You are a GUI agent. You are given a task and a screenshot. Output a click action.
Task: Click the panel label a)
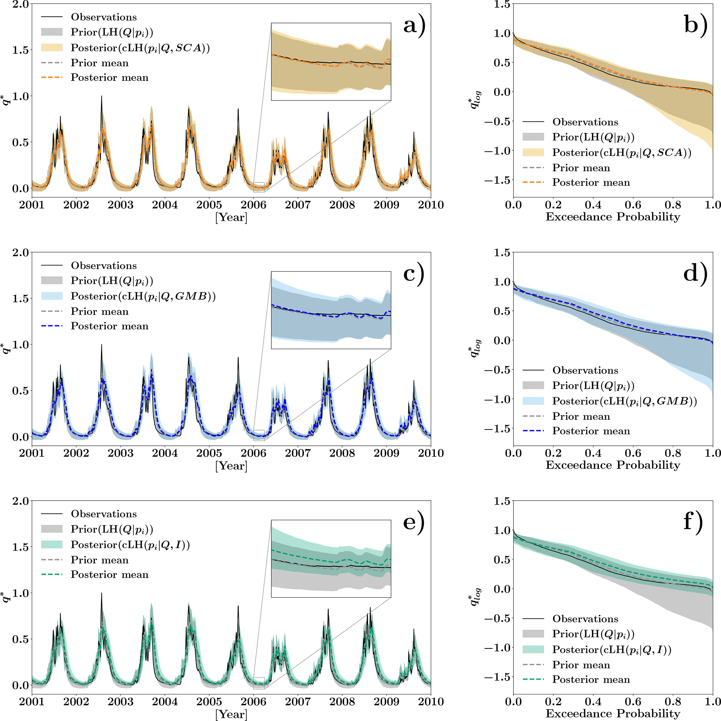414,25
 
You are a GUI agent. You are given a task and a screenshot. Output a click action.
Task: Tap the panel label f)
693,521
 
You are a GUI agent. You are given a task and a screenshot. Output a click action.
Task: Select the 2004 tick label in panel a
165,204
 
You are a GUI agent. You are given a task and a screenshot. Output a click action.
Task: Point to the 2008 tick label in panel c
342,453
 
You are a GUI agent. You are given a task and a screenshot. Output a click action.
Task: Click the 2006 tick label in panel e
253,701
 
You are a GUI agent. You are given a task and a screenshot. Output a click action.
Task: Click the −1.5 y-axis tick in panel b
497,180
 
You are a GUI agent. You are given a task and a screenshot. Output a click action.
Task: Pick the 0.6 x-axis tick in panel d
633,453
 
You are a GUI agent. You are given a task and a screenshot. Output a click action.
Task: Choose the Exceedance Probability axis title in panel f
613,713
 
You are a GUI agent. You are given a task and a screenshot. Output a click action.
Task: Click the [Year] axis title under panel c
231,466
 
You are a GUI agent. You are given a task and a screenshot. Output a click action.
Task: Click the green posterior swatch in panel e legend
52,544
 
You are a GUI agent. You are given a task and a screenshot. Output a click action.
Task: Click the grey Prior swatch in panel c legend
52,281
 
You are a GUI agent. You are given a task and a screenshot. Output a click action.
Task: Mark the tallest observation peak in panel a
101,96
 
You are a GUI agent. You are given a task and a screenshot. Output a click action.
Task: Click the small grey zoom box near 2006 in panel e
258,683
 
